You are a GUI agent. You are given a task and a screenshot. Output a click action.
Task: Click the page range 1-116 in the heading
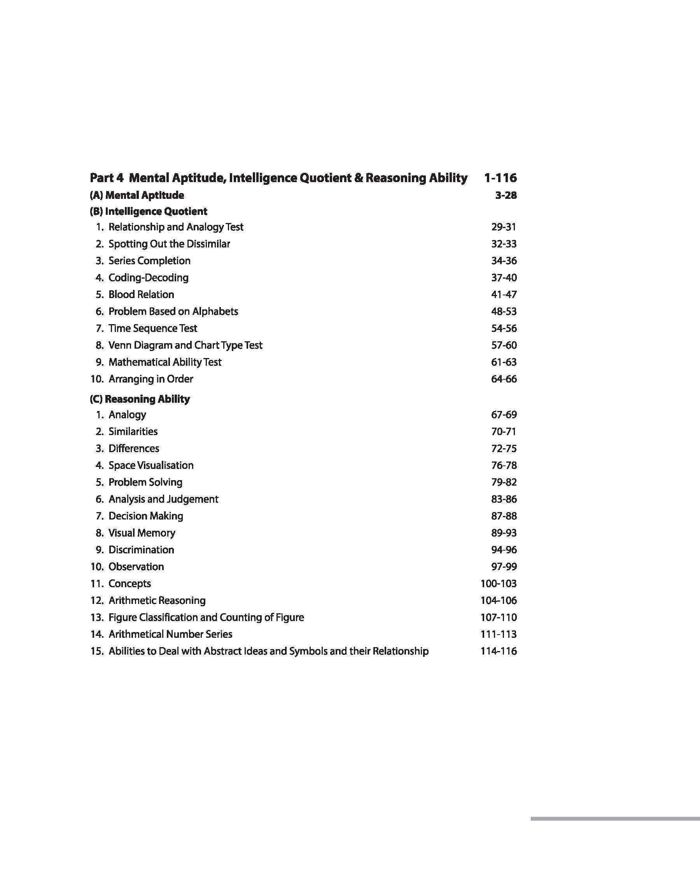pos(500,178)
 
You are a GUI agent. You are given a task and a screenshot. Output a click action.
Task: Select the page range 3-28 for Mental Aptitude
pos(506,195)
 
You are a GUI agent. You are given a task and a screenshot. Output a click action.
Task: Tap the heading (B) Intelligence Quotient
pos(148,212)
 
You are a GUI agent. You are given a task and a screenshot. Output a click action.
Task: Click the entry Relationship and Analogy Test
pos(176,227)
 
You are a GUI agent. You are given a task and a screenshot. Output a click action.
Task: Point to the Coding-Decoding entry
pos(148,277)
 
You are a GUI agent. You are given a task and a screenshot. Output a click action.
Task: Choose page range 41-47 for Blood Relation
pos(504,294)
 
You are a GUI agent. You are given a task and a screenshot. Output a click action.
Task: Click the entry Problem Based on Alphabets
pos(173,312)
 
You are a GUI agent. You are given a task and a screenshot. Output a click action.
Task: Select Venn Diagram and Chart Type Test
pos(185,345)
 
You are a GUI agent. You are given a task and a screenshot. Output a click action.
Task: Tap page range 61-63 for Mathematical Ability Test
pos(504,362)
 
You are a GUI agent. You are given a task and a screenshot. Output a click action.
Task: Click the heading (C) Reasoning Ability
pos(140,399)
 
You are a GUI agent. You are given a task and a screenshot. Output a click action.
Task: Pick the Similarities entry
pos(133,431)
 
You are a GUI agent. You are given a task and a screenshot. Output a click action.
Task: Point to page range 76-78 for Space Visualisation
pos(504,465)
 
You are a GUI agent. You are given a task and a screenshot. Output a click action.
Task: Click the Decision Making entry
pos(145,516)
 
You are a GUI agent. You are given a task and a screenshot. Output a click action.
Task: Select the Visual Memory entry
pos(142,533)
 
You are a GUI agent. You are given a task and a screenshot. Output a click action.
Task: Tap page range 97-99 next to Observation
pos(504,567)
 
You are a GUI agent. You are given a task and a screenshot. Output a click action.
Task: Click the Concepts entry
pos(129,583)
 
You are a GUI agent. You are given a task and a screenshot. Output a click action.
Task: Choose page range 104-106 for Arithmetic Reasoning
pos(498,601)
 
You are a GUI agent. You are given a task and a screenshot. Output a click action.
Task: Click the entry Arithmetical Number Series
pos(170,634)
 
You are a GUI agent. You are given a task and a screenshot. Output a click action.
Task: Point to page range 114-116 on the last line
pos(498,651)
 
